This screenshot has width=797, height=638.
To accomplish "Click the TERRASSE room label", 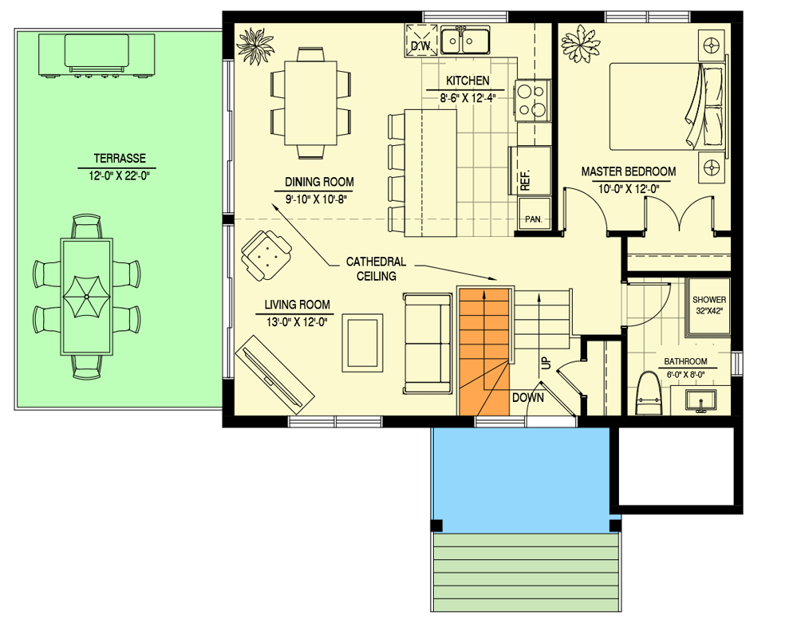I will pos(119,158).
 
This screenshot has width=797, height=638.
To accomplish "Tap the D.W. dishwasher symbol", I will pos(420,39).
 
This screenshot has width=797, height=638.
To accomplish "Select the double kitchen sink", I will pos(468,39).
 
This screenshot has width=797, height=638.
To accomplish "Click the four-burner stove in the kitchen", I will pos(532,100).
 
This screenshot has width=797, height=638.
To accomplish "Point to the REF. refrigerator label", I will pos(526,179).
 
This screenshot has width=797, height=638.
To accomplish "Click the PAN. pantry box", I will pos(532,219).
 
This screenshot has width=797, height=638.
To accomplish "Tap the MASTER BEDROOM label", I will pos(628,171).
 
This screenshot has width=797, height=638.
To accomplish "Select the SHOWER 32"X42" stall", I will pos(708,305).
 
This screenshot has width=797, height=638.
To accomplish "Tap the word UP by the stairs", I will pos(546,362).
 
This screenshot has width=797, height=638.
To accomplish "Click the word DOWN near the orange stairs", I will pos(528,396).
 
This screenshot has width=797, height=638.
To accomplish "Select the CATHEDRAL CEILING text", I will pos(376,269).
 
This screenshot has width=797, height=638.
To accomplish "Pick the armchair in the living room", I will pos(266,254).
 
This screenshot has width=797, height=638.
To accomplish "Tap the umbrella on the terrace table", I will pos(87,296).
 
